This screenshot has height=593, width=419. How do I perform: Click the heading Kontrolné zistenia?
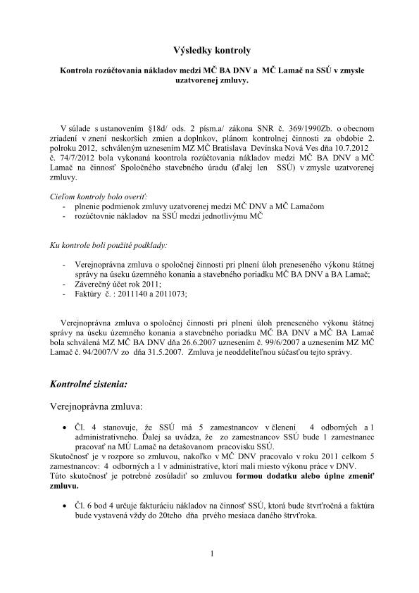[89, 385]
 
